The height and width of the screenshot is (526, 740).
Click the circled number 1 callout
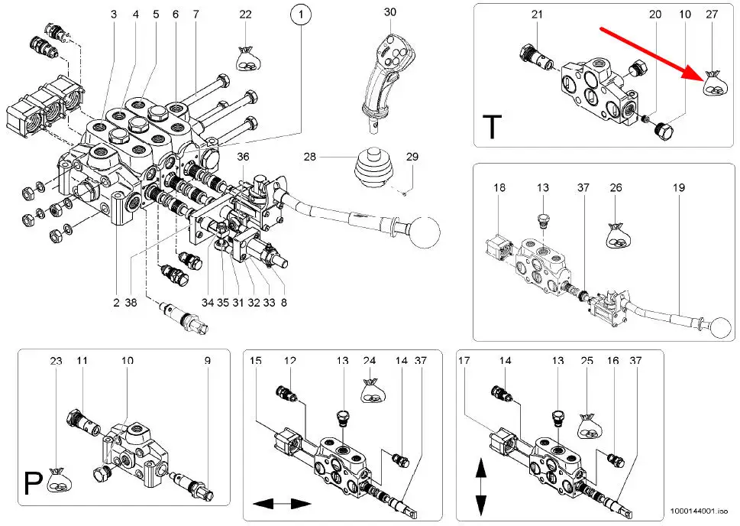301,15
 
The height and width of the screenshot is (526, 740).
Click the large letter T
493,126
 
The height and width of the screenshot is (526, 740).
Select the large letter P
33,483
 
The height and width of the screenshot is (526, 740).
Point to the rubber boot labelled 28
373,168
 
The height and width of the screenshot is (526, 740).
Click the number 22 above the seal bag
245,15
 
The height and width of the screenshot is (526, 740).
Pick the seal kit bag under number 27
714,83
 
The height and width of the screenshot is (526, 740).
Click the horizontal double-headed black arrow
282,505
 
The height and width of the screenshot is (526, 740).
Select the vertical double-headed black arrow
480,485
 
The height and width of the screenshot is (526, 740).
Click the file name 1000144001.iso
699,511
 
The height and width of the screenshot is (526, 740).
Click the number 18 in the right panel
499,187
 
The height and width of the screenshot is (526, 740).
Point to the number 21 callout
537,15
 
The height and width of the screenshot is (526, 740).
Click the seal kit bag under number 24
373,391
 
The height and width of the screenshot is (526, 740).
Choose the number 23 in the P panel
56,361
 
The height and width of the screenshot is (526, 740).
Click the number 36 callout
243,157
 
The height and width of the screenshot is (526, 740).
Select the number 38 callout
131,303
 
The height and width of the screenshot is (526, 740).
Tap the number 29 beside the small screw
412,157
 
